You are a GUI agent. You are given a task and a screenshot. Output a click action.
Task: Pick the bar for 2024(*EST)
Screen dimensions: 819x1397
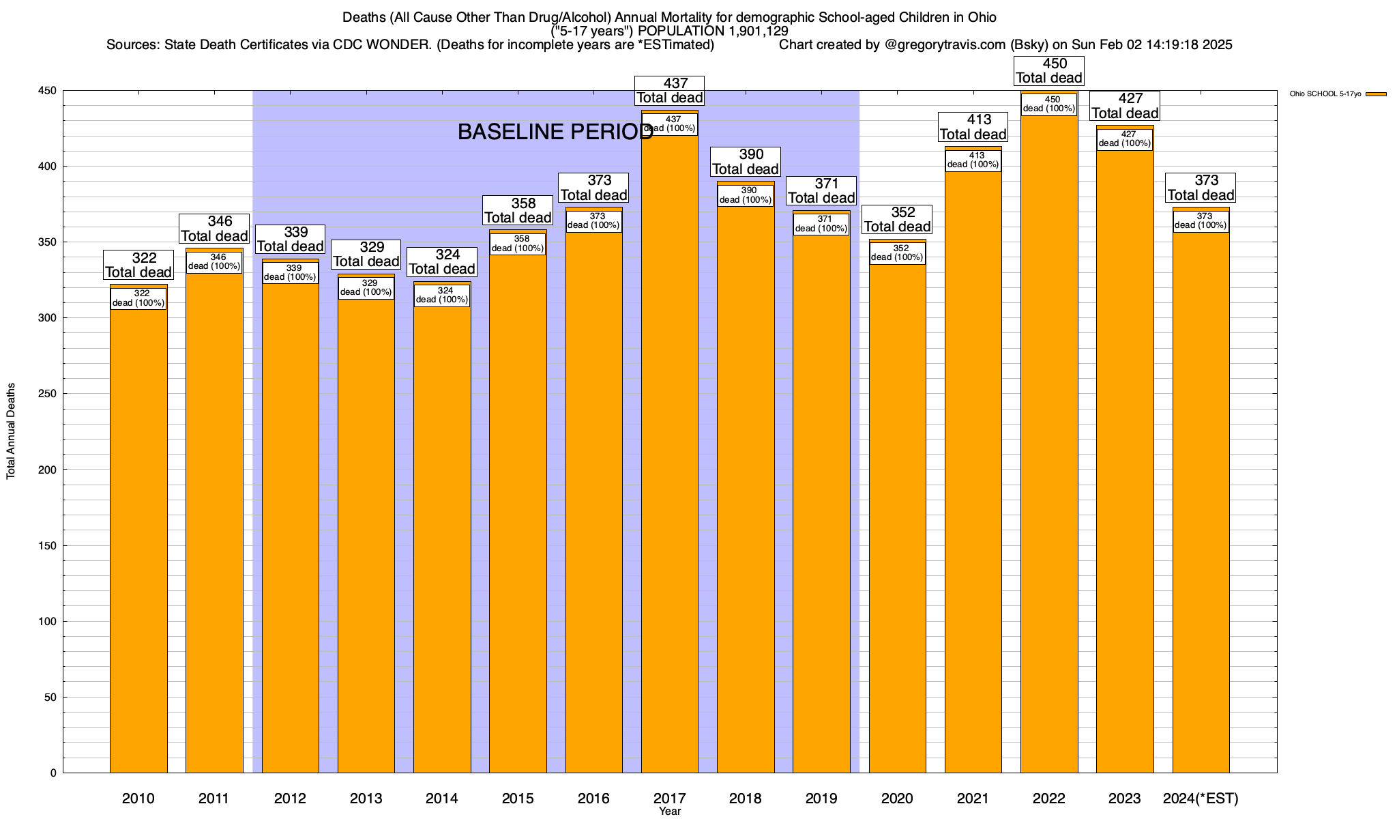coord(1201,505)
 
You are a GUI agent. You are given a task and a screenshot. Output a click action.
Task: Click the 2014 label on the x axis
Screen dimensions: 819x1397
coord(442,798)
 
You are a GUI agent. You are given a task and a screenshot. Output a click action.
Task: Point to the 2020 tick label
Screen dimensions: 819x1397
coord(897,798)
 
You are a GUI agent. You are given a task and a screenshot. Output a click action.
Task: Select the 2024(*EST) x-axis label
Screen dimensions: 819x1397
coord(1201,798)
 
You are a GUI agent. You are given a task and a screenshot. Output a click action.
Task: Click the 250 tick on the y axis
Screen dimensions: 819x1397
coord(48,394)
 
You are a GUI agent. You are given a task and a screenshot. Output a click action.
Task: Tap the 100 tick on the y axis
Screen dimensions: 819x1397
coord(48,621)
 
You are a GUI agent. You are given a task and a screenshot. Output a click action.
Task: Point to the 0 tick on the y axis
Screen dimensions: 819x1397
coord(53,773)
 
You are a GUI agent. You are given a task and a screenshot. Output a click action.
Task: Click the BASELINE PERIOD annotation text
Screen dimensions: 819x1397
coord(555,132)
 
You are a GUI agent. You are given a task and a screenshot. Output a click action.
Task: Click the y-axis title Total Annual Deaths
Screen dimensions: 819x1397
coord(11,431)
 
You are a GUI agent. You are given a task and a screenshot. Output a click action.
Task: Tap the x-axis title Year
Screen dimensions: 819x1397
coord(670,811)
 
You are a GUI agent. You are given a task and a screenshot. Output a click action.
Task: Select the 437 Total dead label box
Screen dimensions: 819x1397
coord(669,91)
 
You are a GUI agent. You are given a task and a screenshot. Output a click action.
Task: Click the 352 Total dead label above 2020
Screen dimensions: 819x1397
coord(897,219)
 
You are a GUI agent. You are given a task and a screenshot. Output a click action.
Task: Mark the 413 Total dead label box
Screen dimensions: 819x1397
coord(973,127)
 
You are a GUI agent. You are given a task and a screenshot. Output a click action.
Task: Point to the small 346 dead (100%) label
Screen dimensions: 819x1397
coord(214,262)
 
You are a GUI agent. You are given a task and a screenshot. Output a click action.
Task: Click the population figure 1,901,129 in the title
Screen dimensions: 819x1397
coord(748,31)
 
